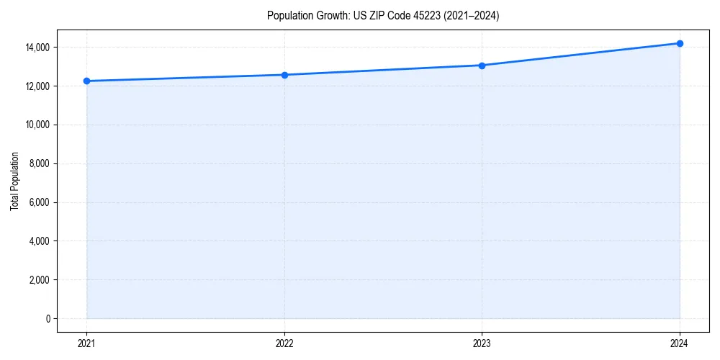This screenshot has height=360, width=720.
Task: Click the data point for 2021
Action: (86, 81)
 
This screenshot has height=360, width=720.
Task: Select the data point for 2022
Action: (284, 75)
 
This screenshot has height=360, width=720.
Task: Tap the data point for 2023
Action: (482, 66)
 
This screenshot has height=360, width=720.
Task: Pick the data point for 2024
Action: (680, 43)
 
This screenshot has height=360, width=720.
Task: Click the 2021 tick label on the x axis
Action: (86, 343)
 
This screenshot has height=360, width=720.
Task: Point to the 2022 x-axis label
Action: (284, 343)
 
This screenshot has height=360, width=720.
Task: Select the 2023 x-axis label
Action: (482, 343)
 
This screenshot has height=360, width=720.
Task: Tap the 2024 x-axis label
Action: (680, 343)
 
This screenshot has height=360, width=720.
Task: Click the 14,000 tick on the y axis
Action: (36, 48)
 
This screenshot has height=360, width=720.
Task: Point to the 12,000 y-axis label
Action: (36, 86)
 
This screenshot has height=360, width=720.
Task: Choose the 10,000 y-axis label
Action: (36, 125)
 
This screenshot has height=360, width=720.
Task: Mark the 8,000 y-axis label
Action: (38, 163)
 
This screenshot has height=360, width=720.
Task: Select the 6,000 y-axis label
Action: (38, 202)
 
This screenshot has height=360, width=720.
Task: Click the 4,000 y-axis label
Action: (38, 241)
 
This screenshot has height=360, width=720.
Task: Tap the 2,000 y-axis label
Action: (38, 280)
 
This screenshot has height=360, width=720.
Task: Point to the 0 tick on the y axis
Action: (48, 318)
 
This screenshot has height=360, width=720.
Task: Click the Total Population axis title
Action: (14, 181)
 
